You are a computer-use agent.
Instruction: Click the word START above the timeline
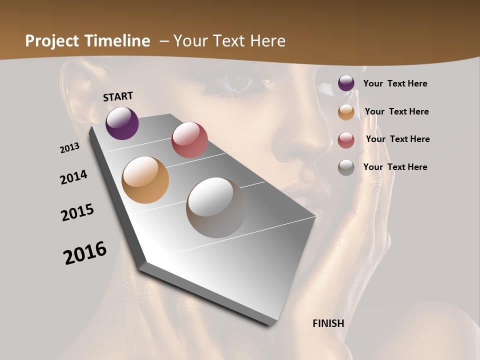point(118,96)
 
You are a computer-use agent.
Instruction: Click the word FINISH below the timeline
point(328,323)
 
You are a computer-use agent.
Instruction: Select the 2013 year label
point(70,148)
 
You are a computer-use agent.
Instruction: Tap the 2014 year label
point(74,177)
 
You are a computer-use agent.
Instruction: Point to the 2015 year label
point(77,212)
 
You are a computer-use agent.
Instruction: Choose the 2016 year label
point(85,253)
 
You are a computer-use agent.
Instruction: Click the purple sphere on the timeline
point(122,123)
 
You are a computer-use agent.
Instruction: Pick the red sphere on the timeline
point(189,140)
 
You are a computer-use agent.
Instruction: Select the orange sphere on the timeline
point(145,180)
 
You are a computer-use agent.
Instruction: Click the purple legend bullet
point(346,83)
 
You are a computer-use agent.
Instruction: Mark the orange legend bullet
point(346,112)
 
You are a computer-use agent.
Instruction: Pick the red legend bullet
point(346,140)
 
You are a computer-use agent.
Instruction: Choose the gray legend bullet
point(346,167)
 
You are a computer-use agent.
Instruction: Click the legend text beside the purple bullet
point(395,84)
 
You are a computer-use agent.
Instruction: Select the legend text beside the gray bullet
point(395,167)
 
